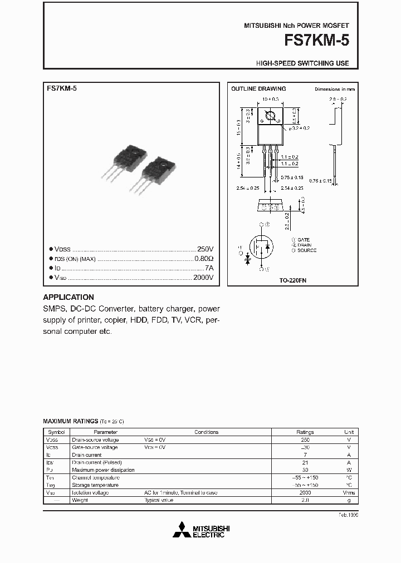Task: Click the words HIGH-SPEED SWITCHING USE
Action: (302, 63)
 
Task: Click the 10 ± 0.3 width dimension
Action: (270, 99)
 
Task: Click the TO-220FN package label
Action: (293, 281)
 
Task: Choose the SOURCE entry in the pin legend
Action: (306, 250)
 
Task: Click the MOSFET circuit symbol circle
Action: (262, 246)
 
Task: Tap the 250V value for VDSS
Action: (205, 250)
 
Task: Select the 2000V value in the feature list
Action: (203, 278)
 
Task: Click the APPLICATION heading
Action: (69, 297)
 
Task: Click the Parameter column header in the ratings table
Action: (105, 432)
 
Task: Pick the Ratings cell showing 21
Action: (305, 462)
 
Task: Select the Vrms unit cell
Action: (349, 493)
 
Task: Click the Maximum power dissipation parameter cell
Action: (103, 470)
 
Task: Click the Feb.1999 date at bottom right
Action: (348, 515)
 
